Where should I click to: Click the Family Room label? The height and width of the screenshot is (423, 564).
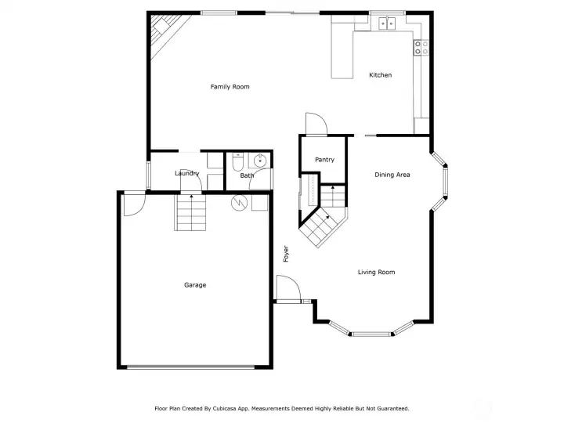[x=230, y=87]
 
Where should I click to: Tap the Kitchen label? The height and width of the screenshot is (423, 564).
[x=381, y=75]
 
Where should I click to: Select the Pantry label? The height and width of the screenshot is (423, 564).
[x=325, y=160]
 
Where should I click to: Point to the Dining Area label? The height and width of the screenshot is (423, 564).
[x=392, y=175]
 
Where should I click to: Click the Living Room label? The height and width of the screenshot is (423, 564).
[x=376, y=273]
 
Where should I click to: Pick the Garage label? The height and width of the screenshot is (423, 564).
[x=195, y=285]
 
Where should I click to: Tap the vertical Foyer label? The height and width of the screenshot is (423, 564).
[x=286, y=254]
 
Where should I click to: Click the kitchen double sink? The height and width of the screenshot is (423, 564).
[x=387, y=23]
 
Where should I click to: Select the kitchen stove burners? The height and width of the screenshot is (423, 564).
[x=421, y=48]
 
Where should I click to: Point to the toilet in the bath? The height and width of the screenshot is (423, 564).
[x=238, y=162]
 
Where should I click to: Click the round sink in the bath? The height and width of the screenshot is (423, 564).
[x=260, y=161]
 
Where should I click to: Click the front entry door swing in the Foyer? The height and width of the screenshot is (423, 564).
[x=288, y=287]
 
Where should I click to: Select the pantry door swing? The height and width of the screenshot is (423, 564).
[x=316, y=124]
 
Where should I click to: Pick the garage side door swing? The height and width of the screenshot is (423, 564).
[x=135, y=205]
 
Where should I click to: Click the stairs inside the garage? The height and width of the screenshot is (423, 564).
[x=190, y=212]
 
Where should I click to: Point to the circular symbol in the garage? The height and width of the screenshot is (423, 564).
[x=239, y=203]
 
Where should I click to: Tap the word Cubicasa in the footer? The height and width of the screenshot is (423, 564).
[x=225, y=409]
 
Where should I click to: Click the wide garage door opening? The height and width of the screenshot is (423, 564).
[x=191, y=367]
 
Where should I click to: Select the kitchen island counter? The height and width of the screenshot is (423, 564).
[x=342, y=55]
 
